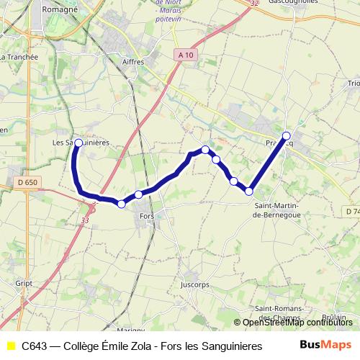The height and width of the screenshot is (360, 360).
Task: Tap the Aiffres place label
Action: point(133,62)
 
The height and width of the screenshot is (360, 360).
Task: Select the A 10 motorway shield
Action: point(184,55)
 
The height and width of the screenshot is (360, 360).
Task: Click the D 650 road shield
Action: point(27,183)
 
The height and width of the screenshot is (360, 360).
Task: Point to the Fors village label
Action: point(148,216)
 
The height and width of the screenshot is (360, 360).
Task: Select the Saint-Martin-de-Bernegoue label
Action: point(277,210)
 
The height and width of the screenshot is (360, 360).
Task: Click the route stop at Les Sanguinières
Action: point(78,143)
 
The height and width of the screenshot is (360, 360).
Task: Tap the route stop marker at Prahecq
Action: point(287,135)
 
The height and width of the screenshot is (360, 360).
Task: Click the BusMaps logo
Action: point(325,345)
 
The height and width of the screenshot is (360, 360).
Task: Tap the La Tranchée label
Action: point(20,56)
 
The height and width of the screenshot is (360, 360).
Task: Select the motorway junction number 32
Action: point(253,4)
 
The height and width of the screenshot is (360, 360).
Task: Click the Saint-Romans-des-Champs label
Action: point(277,313)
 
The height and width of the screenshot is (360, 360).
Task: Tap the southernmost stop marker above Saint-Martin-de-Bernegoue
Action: point(249,191)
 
